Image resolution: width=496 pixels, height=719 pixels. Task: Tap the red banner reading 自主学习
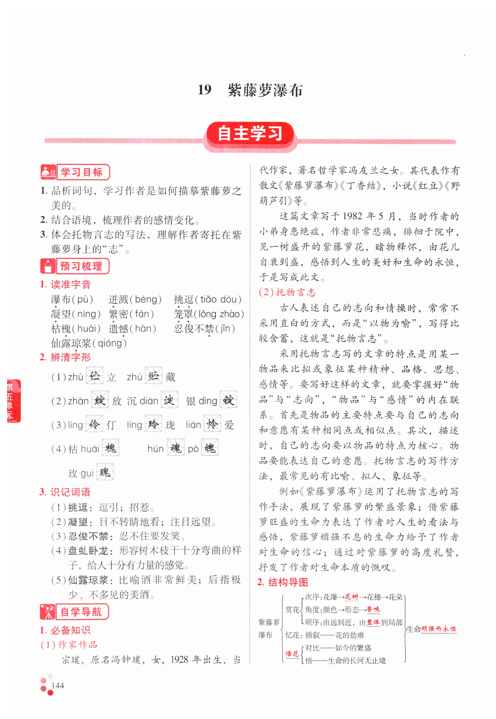point(250,134)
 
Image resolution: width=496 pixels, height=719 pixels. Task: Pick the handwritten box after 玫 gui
point(105,472)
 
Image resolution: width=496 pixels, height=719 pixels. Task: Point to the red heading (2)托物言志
point(287,292)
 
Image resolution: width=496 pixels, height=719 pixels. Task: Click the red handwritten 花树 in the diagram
point(351,597)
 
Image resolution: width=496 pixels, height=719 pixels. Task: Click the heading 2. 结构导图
point(283,582)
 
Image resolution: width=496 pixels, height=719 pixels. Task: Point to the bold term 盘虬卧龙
point(88,551)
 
